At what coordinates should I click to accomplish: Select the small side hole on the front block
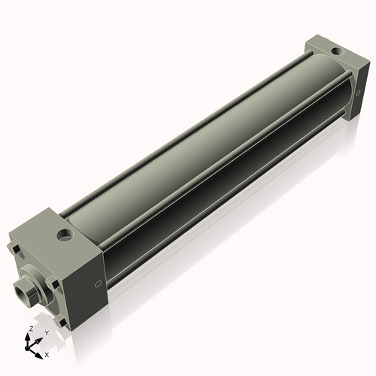coord(99,284)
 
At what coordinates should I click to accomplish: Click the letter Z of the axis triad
coord(29,329)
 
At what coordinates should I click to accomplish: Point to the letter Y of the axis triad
coord(46,332)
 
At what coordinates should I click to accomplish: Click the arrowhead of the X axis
coord(40,351)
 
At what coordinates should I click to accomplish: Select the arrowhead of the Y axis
coord(41,338)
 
